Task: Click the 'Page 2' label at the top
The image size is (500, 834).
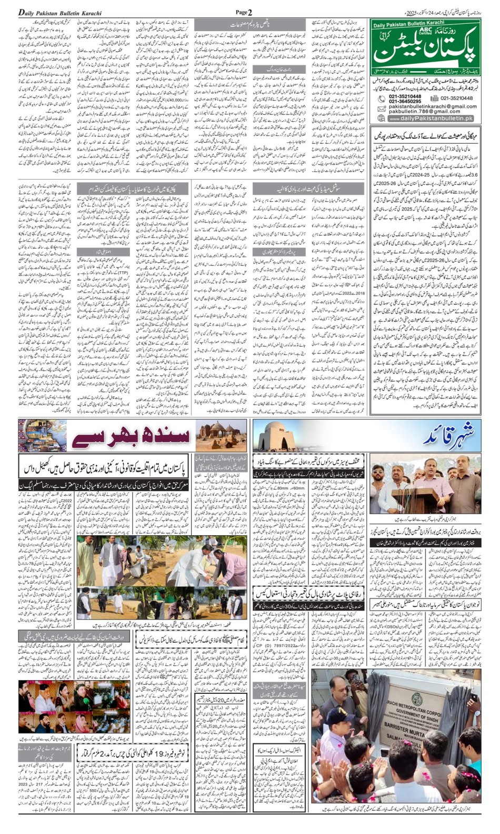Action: point(244,12)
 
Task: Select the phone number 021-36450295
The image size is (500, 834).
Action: point(405,102)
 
